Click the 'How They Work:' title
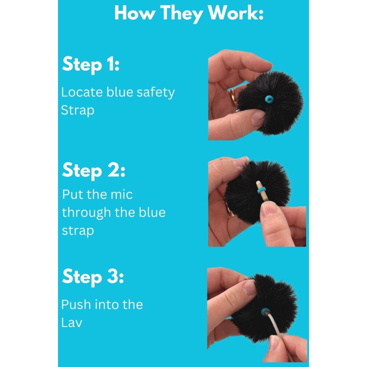click(x=189, y=14)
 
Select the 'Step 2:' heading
click(x=94, y=171)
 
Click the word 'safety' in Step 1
click(x=156, y=93)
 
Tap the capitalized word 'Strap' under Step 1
click(x=77, y=110)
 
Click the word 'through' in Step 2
click(x=86, y=213)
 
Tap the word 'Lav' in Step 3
click(x=72, y=323)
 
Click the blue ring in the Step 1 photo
click(x=269, y=99)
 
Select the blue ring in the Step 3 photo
click(x=265, y=311)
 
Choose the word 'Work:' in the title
click(x=236, y=13)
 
